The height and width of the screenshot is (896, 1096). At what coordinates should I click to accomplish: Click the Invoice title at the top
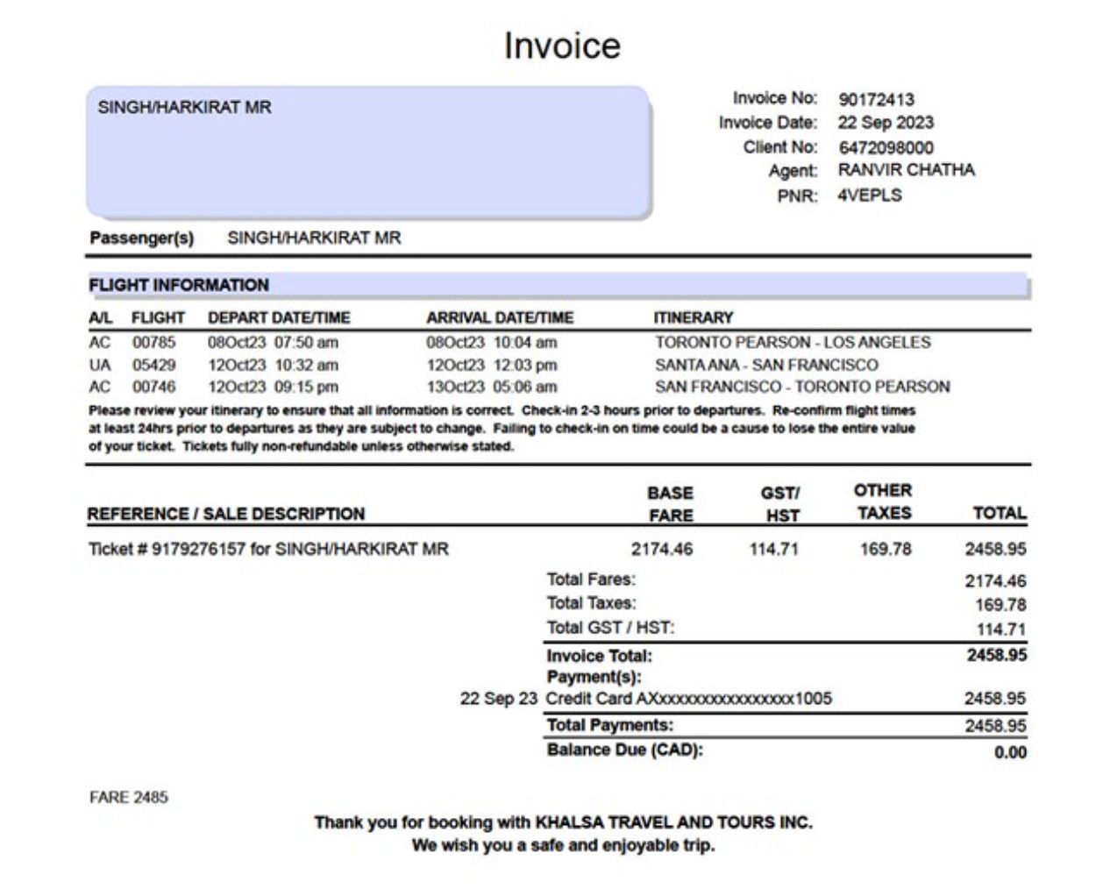coord(562,46)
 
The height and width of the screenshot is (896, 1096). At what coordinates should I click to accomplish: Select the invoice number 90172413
coord(876,99)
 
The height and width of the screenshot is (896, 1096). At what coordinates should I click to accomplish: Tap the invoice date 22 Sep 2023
coord(886,123)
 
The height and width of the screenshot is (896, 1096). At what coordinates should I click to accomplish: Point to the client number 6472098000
coord(886,147)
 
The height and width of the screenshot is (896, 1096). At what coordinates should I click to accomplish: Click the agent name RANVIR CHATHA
coord(906,170)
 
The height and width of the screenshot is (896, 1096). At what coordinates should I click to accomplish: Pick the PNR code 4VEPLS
coord(869,195)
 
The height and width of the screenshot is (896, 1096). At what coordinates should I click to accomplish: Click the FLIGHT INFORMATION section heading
coord(179,285)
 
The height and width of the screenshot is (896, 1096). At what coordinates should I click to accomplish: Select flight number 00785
coord(153,342)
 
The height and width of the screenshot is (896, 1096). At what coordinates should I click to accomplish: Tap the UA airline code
coord(100,365)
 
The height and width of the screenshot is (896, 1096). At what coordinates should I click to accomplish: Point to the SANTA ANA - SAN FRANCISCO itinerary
coord(765,365)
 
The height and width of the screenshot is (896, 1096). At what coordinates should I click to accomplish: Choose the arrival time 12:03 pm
coord(525,365)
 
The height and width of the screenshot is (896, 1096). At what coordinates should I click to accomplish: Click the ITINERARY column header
coord(693,317)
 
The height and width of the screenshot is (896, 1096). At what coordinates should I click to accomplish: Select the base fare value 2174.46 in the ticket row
coord(661,549)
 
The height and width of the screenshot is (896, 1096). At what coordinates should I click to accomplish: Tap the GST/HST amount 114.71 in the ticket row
coord(773,549)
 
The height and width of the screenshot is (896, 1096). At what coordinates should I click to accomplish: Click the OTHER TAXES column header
coord(883,501)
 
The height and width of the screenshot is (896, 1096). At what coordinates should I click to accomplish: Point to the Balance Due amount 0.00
coord(1010,752)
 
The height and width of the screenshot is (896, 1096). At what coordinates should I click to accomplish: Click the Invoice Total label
coord(599,656)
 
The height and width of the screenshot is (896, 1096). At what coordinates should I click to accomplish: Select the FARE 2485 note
coord(128,797)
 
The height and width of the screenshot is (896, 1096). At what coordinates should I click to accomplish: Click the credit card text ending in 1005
coord(688,699)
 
